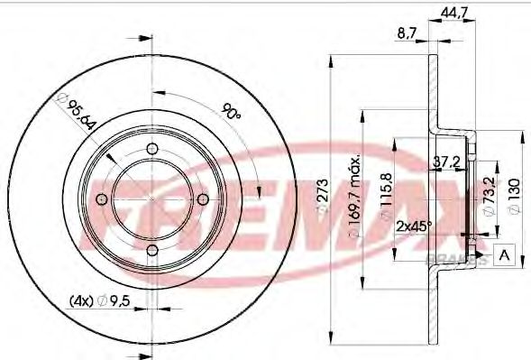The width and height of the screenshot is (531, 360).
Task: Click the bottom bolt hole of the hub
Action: pos(152,250)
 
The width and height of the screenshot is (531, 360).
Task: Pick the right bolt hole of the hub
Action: pos(204,199)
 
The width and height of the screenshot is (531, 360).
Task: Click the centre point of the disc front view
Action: pos(152,199)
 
